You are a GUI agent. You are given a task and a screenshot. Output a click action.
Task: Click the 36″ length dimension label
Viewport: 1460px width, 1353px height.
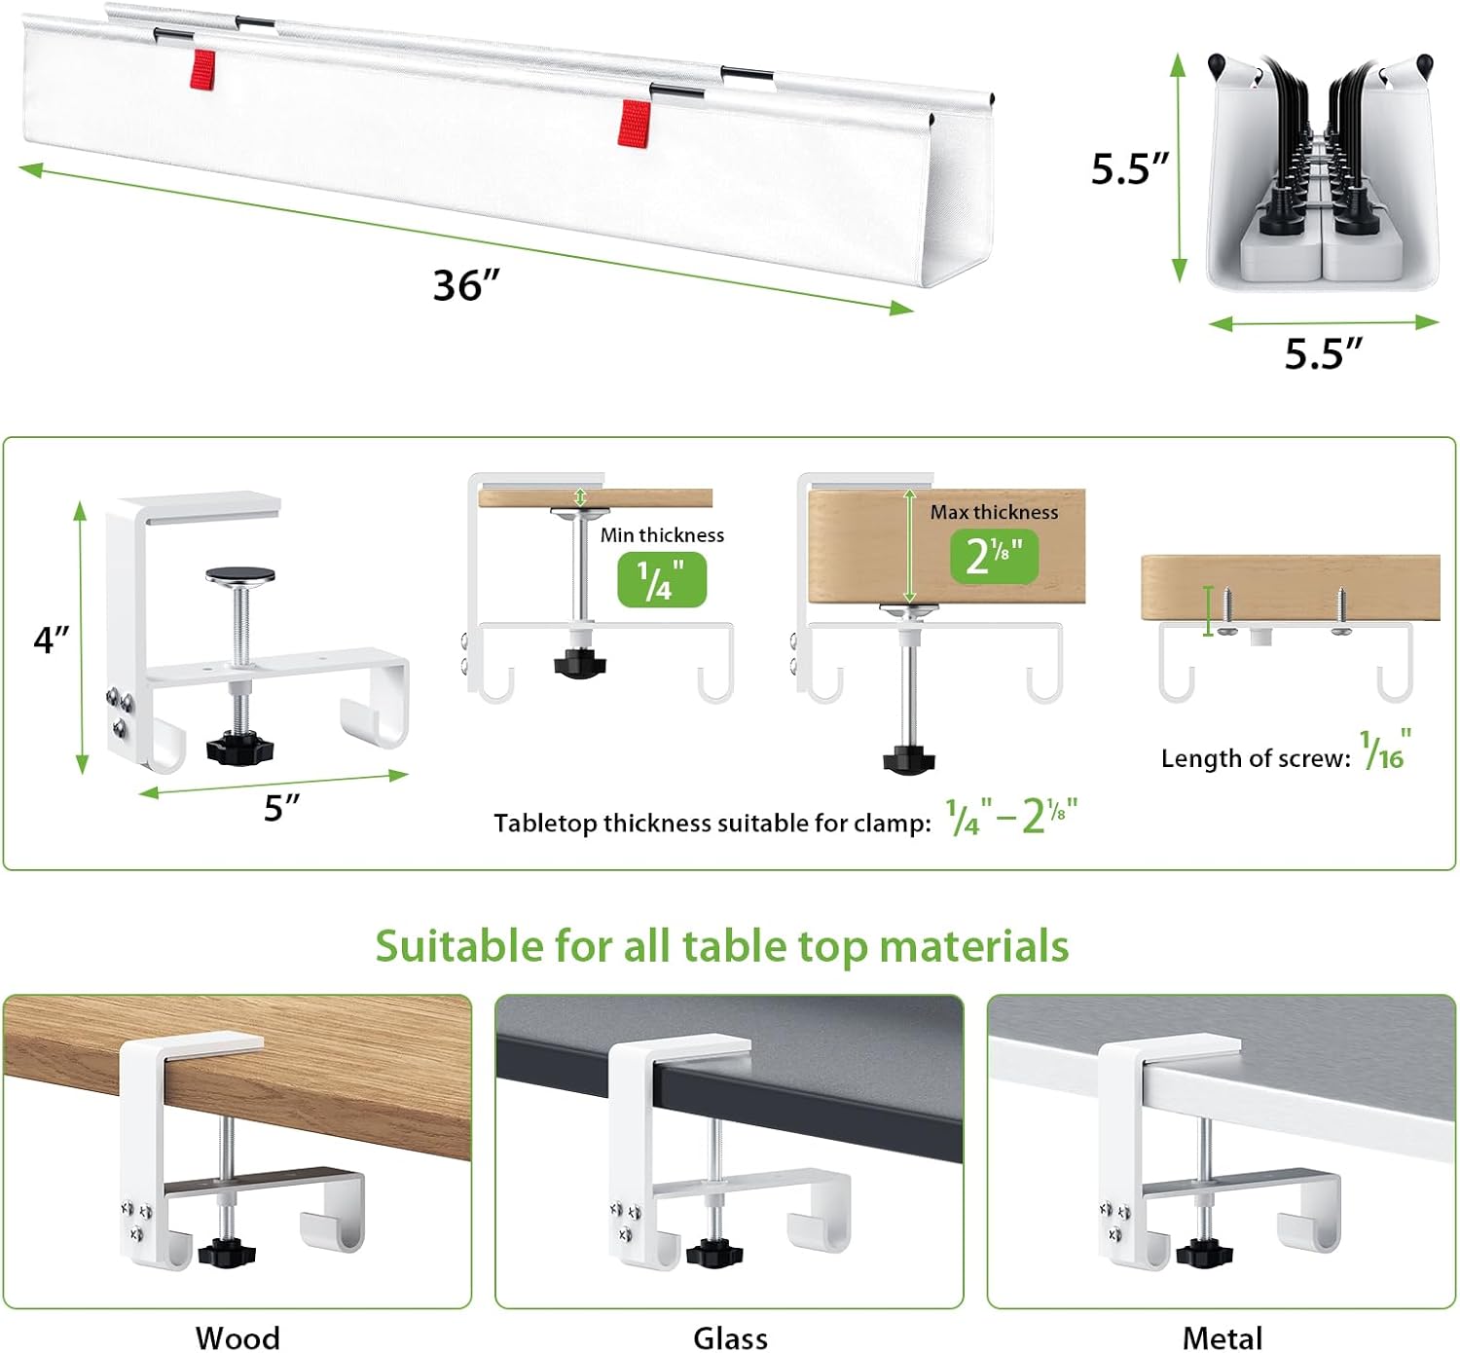click(x=466, y=284)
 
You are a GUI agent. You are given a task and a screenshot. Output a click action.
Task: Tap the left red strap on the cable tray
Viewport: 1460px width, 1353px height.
click(x=202, y=69)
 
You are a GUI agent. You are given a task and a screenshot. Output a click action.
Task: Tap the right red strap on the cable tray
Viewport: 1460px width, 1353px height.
click(x=635, y=124)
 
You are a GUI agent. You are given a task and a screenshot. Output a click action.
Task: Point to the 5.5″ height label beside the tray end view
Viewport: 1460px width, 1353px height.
click(x=1130, y=168)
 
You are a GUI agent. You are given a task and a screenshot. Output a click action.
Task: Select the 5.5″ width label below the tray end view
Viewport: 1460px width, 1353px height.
click(x=1324, y=353)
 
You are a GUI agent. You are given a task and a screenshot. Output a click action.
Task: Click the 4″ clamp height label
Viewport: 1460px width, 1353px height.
click(x=52, y=639)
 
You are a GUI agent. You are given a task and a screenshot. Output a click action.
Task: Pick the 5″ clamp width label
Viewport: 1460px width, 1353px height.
click(x=281, y=807)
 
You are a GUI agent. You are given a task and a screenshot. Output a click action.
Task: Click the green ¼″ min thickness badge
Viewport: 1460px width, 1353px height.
click(x=662, y=580)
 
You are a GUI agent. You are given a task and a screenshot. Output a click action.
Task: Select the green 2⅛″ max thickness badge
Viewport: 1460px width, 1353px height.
click(x=994, y=556)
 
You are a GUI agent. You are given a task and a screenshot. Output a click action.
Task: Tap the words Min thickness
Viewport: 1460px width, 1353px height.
click(x=662, y=534)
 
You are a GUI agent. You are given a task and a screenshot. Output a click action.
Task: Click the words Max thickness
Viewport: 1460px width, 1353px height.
click(x=994, y=512)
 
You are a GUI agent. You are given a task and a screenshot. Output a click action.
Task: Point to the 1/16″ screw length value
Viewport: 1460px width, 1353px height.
click(x=1385, y=750)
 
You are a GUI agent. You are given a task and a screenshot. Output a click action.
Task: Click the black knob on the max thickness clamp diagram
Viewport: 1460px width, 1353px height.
click(x=909, y=759)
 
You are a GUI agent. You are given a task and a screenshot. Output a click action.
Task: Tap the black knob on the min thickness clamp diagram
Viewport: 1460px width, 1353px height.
click(x=579, y=664)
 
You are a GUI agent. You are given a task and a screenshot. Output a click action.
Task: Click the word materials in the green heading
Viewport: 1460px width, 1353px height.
click(x=974, y=945)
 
